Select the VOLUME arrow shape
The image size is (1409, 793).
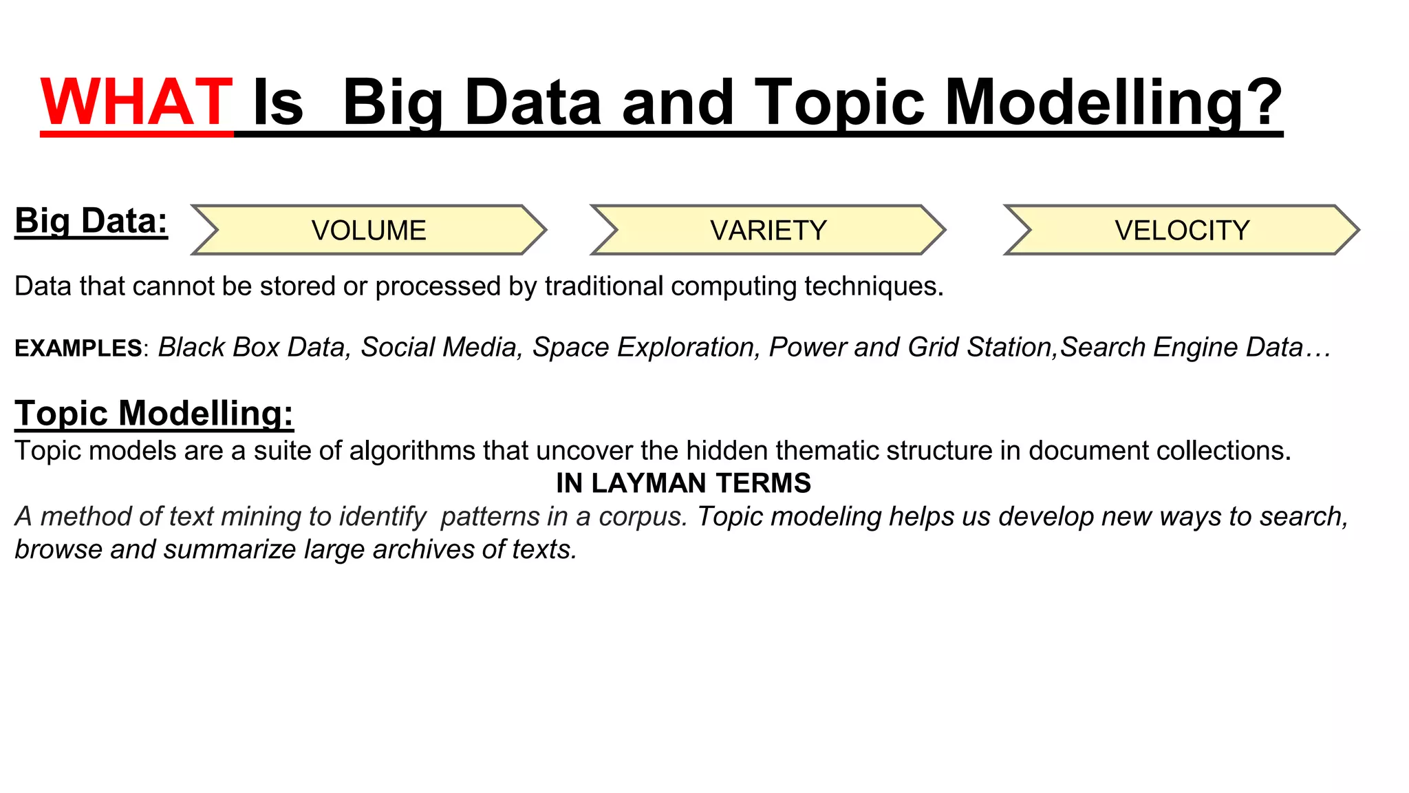(x=369, y=230)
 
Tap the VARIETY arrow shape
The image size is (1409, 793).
(x=768, y=230)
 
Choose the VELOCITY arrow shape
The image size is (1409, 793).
(x=1181, y=230)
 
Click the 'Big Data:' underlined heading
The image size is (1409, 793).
(x=91, y=222)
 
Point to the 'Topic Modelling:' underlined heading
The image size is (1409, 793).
(x=154, y=413)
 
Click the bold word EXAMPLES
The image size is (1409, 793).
(x=78, y=348)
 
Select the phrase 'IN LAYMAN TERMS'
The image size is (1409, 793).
(x=683, y=483)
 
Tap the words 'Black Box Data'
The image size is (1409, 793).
(x=252, y=348)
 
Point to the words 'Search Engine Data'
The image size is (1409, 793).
(x=1181, y=348)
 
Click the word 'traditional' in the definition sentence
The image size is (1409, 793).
(x=603, y=286)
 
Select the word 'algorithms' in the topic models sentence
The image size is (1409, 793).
(x=412, y=451)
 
